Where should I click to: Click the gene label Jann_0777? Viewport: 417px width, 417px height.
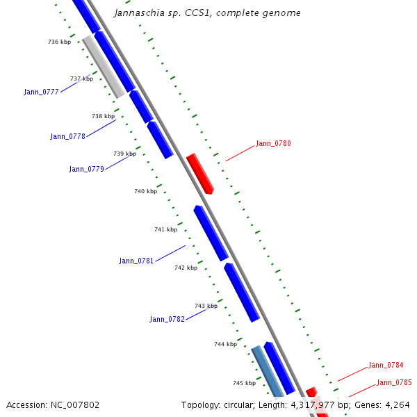coord(41,92)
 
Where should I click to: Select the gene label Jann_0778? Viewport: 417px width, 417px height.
coord(67,136)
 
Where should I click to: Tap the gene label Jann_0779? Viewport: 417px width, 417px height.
coord(86,169)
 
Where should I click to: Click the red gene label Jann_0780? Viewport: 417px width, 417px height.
coord(273,143)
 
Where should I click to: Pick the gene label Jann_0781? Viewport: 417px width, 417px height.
coord(136,261)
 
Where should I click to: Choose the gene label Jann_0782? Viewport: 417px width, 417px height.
coord(167,319)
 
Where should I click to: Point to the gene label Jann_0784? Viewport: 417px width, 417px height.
coord(386,365)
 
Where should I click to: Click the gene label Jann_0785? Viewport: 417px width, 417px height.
coord(394,382)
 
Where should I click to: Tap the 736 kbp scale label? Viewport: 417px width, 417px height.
coord(59,42)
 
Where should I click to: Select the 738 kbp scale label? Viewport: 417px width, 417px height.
coord(103,116)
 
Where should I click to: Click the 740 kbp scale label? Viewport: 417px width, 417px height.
coord(145,191)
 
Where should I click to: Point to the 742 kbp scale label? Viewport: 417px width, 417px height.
coord(186,268)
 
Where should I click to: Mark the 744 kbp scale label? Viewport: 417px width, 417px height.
coord(225,344)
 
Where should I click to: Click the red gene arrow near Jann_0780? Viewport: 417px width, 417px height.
coord(200,174)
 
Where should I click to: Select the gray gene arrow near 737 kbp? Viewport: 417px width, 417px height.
coord(104,67)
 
